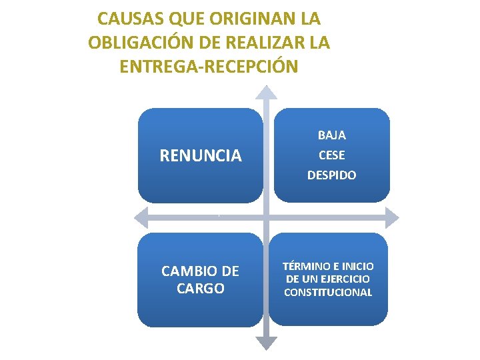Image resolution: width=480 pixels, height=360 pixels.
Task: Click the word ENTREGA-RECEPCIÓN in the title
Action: click(209, 67)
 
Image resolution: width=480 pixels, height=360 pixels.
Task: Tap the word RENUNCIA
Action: click(200, 156)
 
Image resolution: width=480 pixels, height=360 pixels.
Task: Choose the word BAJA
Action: click(331, 135)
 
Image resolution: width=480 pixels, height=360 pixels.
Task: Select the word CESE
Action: click(331, 155)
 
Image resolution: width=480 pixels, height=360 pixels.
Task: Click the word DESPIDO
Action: click(331, 175)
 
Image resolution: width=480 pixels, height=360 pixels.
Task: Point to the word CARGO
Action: click(200, 289)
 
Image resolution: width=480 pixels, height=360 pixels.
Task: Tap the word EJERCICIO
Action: click(345, 279)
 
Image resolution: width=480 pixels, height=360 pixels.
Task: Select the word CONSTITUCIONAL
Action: click(328, 292)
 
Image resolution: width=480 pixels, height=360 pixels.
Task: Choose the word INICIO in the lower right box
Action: click(358, 266)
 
